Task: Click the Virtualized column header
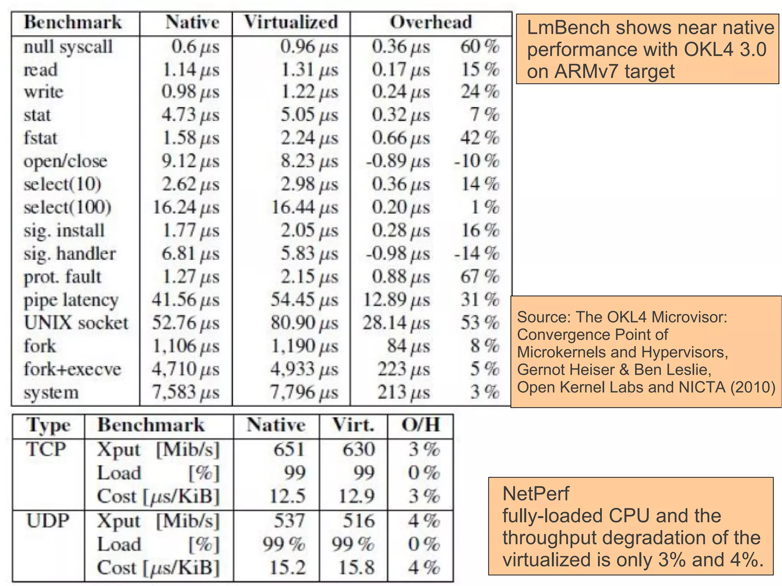point(291,22)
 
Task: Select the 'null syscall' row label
point(68,47)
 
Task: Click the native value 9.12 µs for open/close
point(190,161)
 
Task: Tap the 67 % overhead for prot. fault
point(480,277)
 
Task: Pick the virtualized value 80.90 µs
point(304,323)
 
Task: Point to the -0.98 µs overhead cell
point(397,254)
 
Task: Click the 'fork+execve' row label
point(72,369)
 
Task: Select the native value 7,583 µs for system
point(186,392)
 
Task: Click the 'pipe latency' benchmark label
point(71,300)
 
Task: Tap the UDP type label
point(48,521)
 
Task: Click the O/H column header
point(420,425)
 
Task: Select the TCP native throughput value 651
point(289,449)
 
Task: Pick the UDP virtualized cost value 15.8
point(357,567)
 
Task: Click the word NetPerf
point(535,494)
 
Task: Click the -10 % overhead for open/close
point(476,161)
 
